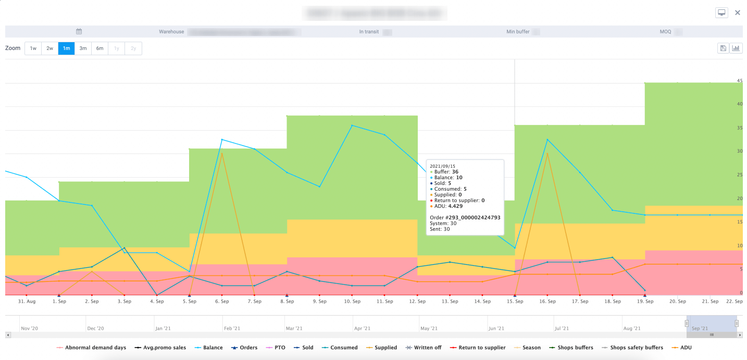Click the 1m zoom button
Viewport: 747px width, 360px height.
[x=66, y=48]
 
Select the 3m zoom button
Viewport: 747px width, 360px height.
[x=83, y=48]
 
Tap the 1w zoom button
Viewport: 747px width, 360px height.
[x=33, y=48]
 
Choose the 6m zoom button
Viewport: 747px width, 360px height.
[x=99, y=48]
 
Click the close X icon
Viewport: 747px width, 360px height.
[x=737, y=13]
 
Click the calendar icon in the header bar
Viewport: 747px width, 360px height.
[x=79, y=32]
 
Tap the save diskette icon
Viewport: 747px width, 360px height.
[x=723, y=48]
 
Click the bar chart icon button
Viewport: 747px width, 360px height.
[x=736, y=48]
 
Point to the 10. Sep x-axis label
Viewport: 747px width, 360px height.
[x=352, y=302]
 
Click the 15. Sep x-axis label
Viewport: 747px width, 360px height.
[x=515, y=302]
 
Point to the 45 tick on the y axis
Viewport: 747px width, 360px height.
[x=740, y=81]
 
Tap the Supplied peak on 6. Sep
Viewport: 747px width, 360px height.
[x=222, y=153]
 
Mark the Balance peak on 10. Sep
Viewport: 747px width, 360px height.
[x=352, y=125]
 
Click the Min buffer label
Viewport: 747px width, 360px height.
[x=518, y=32]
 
